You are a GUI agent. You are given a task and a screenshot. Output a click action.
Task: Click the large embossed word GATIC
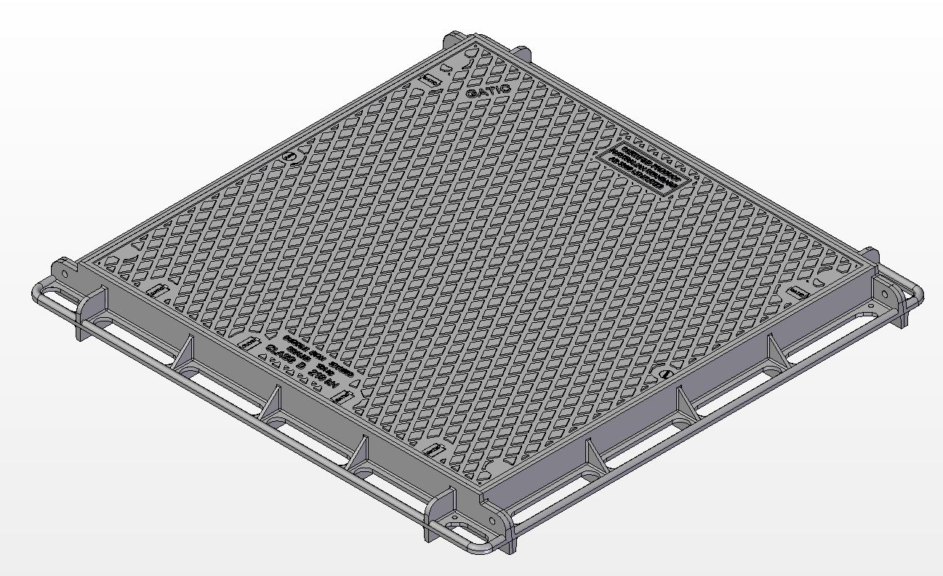[489, 91]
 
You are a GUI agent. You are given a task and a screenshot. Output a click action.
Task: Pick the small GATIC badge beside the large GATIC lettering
[430, 80]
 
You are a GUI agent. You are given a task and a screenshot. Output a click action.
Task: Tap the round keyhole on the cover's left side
[290, 157]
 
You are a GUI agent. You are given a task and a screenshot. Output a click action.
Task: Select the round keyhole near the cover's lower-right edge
[666, 373]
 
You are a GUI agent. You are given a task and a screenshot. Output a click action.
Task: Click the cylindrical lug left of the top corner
[452, 38]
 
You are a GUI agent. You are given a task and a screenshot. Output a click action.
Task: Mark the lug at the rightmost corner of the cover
[871, 255]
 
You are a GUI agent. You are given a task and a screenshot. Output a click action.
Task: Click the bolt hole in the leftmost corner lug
[64, 274]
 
